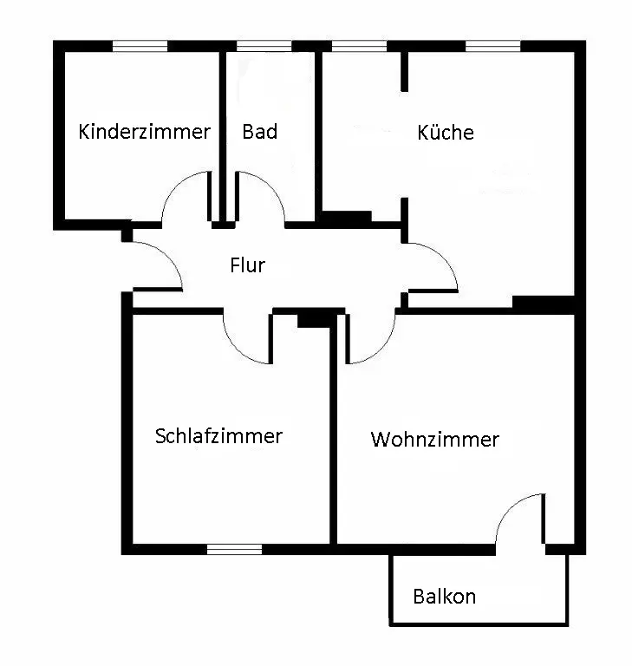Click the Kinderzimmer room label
click(144, 132)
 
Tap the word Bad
click(259, 132)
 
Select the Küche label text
click(445, 133)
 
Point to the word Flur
click(247, 265)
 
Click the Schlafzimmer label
click(218, 435)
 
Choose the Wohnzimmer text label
click(434, 440)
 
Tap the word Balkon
click(444, 597)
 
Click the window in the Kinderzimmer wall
click(140, 46)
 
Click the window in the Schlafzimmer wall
click(234, 548)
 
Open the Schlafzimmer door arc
click(248, 340)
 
